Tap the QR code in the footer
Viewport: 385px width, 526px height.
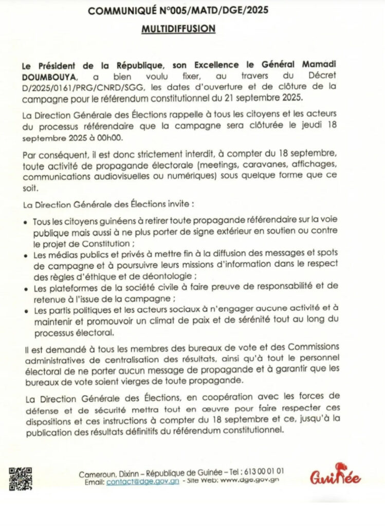[x=21, y=478]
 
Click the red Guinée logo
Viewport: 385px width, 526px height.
[x=335, y=477]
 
